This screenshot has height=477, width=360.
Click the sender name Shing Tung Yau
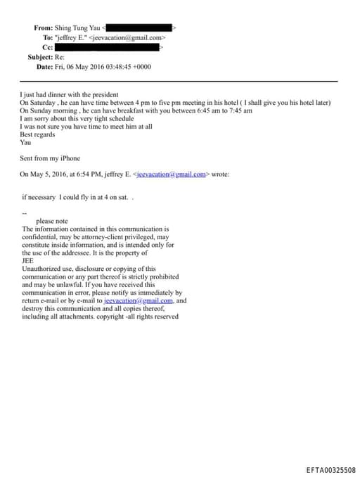tap(77, 27)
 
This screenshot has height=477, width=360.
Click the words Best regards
tap(37, 134)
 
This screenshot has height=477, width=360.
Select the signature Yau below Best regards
tap(26, 141)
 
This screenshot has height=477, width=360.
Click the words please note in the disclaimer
tap(52, 221)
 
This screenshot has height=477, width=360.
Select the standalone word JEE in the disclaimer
tap(30, 260)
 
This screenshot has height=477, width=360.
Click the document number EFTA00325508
tap(330, 469)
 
